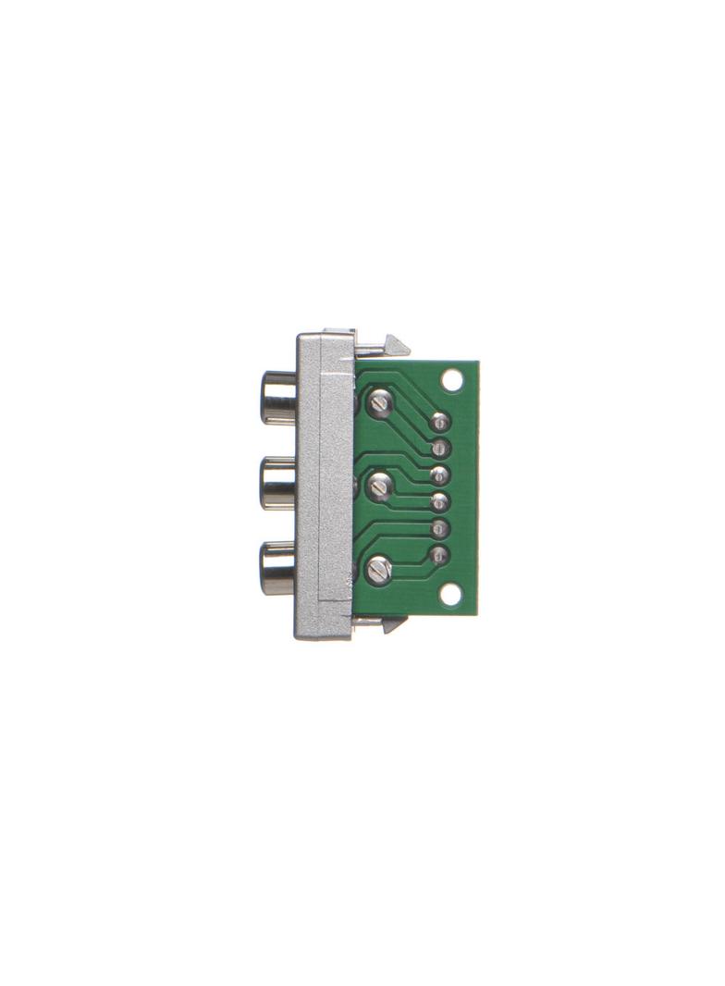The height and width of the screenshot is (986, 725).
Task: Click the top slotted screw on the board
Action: point(380,402)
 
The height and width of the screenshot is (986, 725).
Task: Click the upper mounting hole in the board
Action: point(452,380)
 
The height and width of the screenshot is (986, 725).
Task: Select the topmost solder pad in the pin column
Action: point(439,423)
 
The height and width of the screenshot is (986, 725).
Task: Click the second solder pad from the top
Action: point(439,449)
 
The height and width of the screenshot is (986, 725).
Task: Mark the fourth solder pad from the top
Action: point(439,502)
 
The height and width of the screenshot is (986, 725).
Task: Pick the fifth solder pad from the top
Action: point(439,529)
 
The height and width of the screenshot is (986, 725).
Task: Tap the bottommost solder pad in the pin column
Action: point(439,556)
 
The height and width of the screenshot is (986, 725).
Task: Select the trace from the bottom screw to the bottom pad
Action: point(412,563)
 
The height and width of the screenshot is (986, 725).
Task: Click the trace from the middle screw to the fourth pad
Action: point(412,497)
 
